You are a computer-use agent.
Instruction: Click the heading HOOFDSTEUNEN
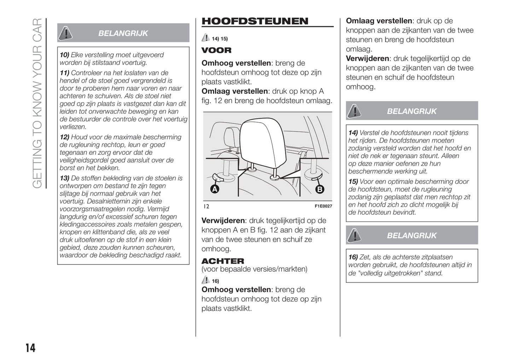point(255,21)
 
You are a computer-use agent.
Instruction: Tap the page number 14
point(30,348)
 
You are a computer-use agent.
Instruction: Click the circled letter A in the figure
point(215,189)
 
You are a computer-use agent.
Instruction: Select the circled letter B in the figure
point(320,189)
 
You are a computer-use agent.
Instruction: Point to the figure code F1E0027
point(323,206)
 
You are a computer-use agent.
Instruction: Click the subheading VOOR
point(216,50)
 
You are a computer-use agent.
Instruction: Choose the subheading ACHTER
point(223,261)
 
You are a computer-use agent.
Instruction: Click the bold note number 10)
point(64,55)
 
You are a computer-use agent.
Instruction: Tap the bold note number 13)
point(64,178)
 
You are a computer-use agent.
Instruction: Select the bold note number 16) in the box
point(353,257)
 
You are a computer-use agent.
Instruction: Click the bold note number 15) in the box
point(353,182)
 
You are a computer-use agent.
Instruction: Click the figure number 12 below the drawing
point(206,206)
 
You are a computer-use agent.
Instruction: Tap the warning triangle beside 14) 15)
point(205,38)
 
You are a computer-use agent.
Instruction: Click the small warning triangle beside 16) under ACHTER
point(205,281)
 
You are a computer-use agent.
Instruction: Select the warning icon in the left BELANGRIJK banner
point(65,33)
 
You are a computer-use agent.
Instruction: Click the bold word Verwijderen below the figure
point(223,220)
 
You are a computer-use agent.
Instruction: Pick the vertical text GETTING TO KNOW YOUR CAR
point(37,103)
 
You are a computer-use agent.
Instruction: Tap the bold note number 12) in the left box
point(64,137)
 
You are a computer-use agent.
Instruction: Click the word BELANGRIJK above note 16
point(412,236)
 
